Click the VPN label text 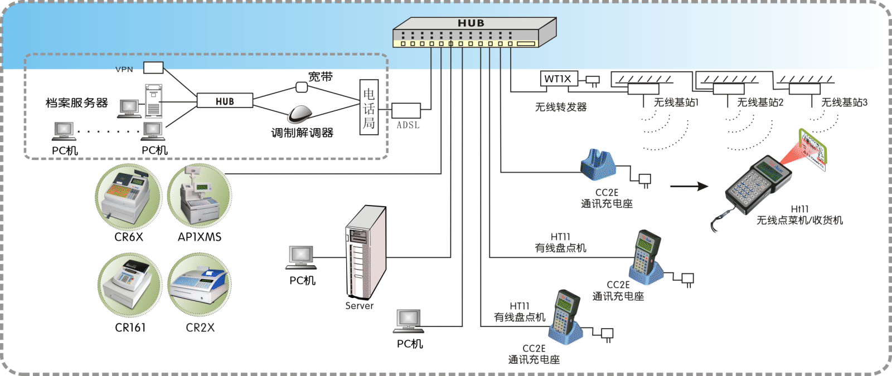click(124, 70)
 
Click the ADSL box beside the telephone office click(406, 110)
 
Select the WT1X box click(558, 79)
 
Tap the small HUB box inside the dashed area click(225, 101)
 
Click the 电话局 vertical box click(369, 108)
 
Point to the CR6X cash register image click(128, 197)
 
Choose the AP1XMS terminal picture click(200, 197)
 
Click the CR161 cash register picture click(130, 285)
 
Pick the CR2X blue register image click(200, 285)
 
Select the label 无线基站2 click(760, 102)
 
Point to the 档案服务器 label click(76, 103)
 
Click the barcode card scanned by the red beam click(813, 148)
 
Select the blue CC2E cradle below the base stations click(598, 165)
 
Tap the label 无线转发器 click(561, 107)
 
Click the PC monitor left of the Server click(301, 257)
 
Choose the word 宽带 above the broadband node click(321, 77)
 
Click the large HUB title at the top click(471, 23)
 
